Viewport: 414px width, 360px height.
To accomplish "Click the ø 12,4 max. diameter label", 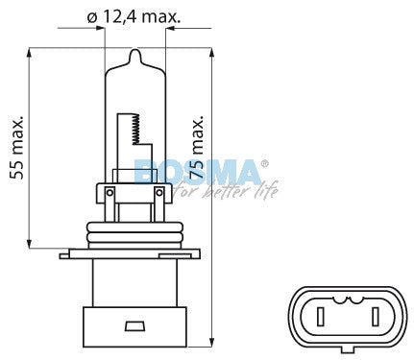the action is [x=134, y=16].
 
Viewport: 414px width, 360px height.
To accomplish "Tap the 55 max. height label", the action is [x=17, y=148].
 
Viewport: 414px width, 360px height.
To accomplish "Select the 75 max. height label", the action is [x=196, y=147].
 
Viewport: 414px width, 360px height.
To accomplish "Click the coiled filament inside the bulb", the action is [x=135, y=129].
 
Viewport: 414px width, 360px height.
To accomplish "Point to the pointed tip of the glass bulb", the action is [x=135, y=50].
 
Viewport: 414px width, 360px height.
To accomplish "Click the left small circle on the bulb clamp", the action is [x=110, y=193].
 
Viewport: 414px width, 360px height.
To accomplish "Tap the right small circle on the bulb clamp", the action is [x=159, y=193].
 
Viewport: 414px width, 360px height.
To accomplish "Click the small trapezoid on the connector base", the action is [x=134, y=326].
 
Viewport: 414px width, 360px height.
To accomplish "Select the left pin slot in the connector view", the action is [x=321, y=317].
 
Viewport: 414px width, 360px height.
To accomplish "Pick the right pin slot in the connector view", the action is [x=376, y=317].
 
